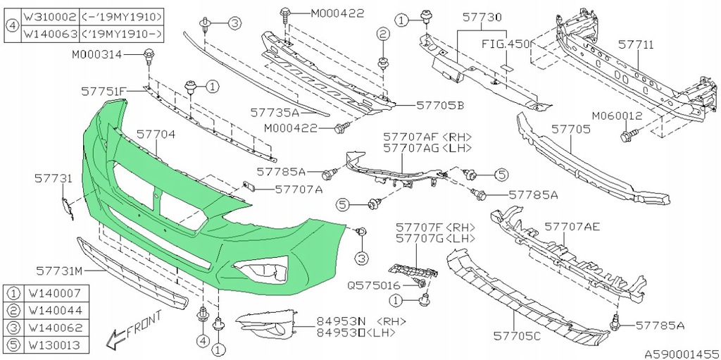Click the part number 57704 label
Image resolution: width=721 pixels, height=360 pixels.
(x=156, y=133)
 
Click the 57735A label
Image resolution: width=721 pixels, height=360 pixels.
(x=274, y=112)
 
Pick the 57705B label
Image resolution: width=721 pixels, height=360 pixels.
(x=440, y=105)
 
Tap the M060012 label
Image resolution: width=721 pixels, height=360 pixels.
(x=617, y=116)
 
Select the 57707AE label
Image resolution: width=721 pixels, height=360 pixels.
(x=572, y=227)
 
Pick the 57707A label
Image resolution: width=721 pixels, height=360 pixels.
(x=299, y=189)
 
